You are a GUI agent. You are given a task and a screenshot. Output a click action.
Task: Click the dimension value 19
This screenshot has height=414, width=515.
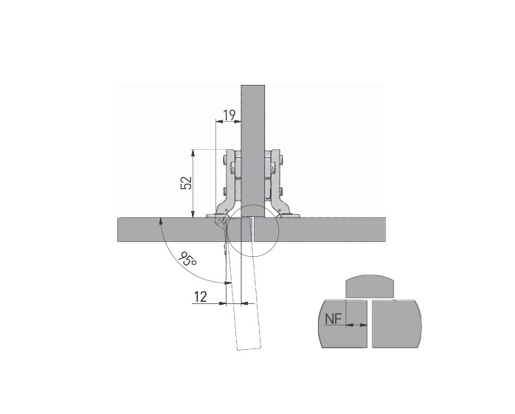coord(229,115)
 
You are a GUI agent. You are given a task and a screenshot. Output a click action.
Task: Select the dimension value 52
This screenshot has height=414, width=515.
coord(186,183)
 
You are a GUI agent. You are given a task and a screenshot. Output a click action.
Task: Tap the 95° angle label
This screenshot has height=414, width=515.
coord(188,259)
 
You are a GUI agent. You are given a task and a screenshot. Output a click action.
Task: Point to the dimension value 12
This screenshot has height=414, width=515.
coord(201,297)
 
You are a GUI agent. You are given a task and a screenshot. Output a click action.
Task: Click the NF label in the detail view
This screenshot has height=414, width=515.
coord(333,318)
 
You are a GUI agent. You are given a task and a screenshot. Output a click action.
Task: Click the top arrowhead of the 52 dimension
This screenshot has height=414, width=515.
coord(193,153)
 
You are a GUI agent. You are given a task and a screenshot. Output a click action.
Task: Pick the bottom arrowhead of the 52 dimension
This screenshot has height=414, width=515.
coord(193,213)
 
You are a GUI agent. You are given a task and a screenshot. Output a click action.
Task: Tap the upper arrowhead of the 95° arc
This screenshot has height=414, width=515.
coord(160,221)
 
